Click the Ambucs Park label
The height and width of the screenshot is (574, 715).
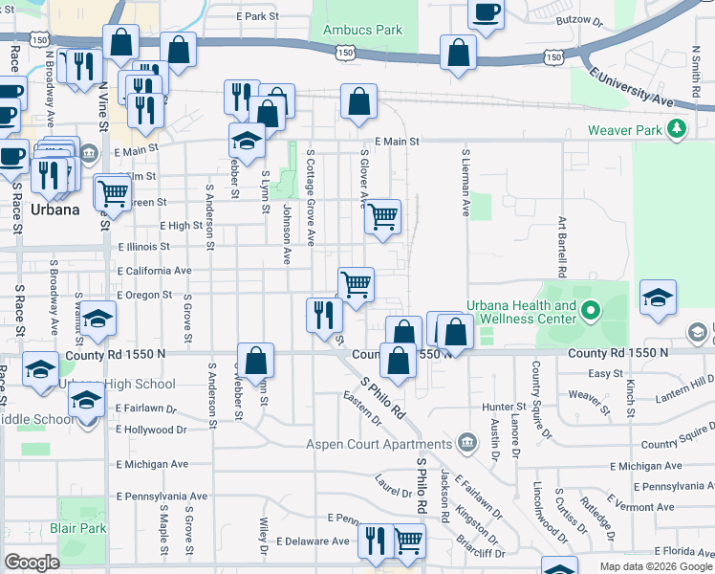click(x=362, y=30)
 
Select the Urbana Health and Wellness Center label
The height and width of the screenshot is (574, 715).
click(x=522, y=312)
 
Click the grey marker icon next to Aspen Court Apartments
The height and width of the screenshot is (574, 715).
click(x=466, y=442)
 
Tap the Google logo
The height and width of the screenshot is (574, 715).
click(x=32, y=563)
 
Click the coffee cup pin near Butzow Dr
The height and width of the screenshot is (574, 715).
click(x=486, y=13)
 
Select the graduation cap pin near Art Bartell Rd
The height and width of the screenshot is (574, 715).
click(x=659, y=298)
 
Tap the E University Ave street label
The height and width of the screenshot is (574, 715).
click(x=633, y=84)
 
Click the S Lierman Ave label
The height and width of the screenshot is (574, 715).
click(x=466, y=183)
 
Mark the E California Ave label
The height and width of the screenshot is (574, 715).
click(x=154, y=271)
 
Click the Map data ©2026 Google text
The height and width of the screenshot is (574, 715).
click(x=655, y=566)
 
